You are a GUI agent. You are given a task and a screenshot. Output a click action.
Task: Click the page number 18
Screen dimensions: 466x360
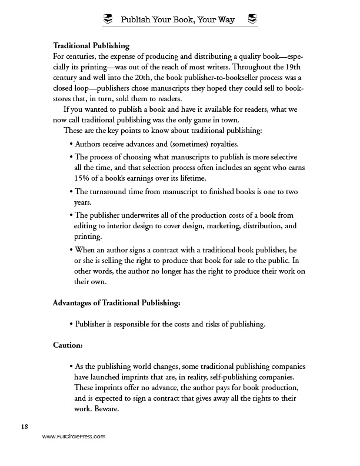point(24,426)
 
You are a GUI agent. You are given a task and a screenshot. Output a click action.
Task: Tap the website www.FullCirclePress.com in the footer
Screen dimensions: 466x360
point(74,437)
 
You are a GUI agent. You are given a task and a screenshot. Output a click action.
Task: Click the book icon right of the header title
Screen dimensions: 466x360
point(252,20)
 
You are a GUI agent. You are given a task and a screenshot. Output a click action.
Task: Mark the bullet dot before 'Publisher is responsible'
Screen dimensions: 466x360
point(71,324)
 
